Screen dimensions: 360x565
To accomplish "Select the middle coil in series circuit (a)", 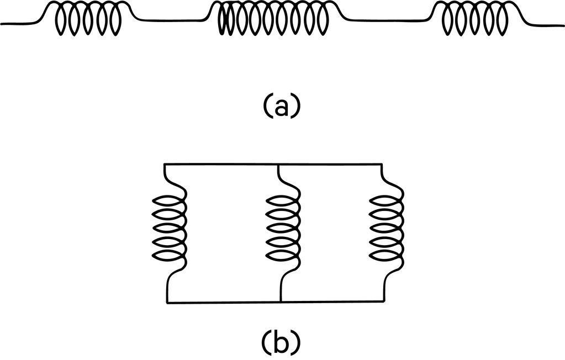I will (x=273, y=21).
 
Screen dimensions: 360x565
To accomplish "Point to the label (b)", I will (x=281, y=342).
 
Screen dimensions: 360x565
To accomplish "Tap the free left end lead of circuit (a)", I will (x=17, y=24).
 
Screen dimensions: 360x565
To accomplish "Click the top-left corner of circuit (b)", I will (x=166, y=163).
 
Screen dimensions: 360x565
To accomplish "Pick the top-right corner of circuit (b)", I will (x=382, y=163).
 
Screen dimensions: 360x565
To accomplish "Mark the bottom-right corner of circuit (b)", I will (x=382, y=303).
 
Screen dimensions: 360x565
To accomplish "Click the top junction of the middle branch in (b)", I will (x=279, y=163).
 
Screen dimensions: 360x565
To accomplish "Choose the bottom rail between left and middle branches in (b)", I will (x=224, y=303).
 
